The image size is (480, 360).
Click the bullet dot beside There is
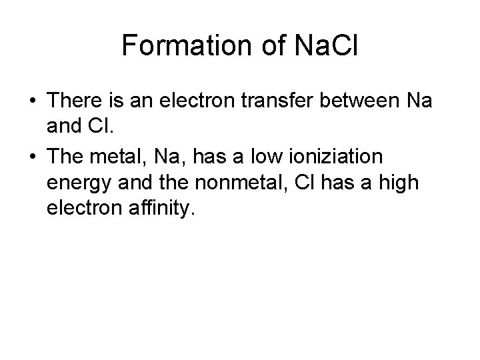33,101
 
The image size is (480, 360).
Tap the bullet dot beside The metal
33,156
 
